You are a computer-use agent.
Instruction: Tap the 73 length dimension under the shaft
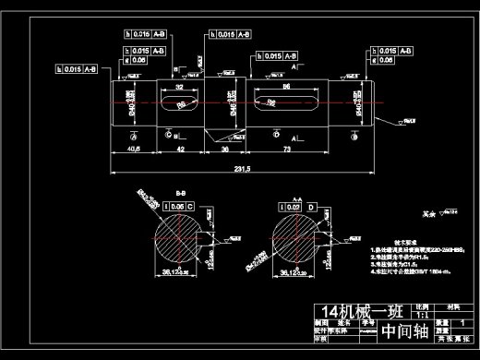click(x=287, y=148)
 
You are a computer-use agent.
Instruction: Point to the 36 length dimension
click(x=224, y=148)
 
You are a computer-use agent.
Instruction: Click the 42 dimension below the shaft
click(x=181, y=148)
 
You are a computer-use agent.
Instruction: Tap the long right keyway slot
click(x=276, y=101)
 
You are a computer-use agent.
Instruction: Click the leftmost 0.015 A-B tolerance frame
click(x=83, y=67)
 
